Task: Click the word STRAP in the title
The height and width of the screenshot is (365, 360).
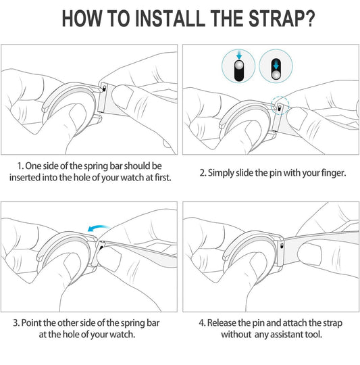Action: point(277,18)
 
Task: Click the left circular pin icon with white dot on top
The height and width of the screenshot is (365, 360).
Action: point(238,66)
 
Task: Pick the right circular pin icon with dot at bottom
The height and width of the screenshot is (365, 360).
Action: point(276,66)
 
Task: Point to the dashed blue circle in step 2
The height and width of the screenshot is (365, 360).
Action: point(280,105)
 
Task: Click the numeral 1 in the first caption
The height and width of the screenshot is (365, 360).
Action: point(20,166)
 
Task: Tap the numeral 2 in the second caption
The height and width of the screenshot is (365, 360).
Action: point(203,173)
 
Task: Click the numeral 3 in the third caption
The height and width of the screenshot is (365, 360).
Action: point(16,323)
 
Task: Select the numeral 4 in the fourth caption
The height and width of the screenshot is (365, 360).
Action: point(202,323)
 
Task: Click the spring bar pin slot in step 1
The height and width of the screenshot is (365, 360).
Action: point(104,89)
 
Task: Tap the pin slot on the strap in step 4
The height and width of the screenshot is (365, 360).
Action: point(282,245)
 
